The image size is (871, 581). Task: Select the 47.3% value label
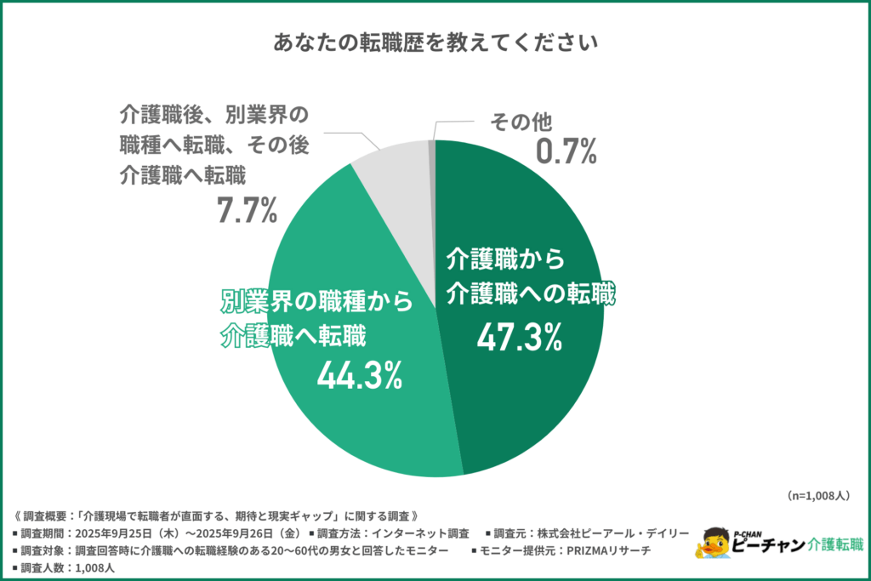(x=519, y=338)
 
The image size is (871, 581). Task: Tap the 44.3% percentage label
(x=359, y=374)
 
